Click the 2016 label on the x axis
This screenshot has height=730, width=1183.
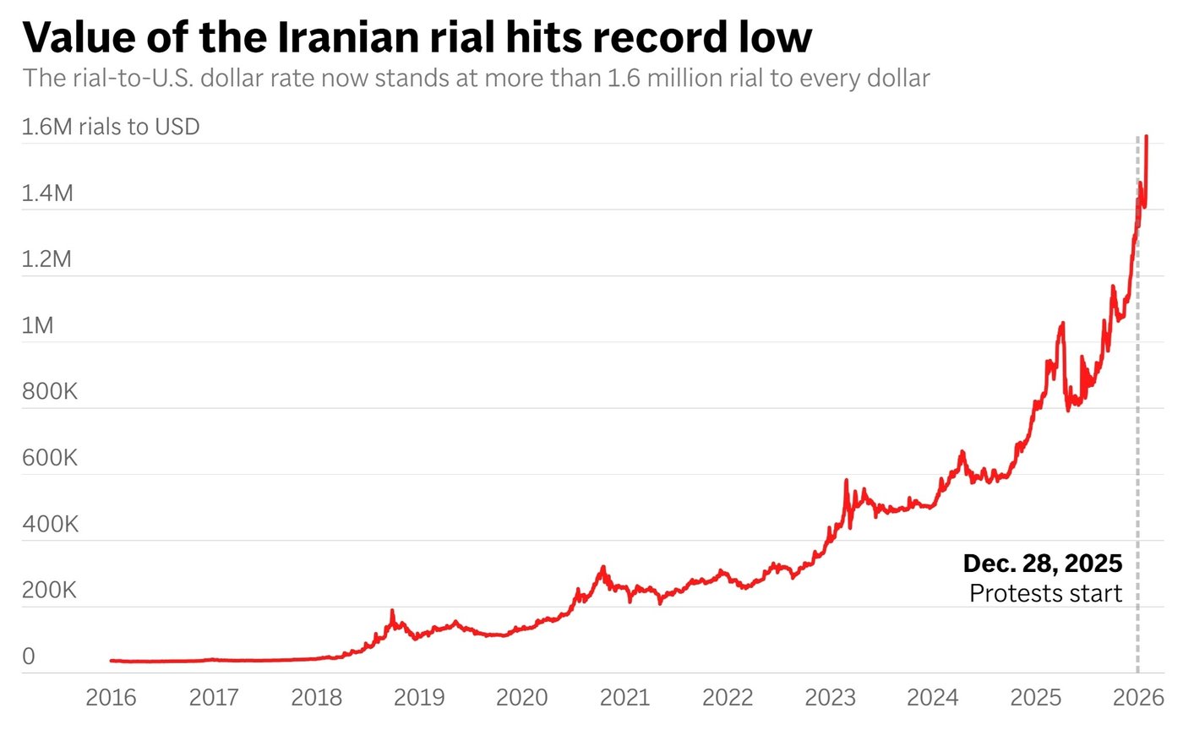[111, 697]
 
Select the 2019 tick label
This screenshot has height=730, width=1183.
[419, 697]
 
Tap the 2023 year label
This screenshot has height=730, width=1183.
[830, 697]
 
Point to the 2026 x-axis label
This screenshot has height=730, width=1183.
[1139, 697]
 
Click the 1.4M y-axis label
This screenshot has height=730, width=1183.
[47, 193]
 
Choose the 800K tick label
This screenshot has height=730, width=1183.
[50, 391]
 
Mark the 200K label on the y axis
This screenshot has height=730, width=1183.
[50, 590]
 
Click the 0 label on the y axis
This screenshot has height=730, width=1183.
[29, 656]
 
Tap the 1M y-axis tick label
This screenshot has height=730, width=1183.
[37, 325]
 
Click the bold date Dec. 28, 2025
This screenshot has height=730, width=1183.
[1043, 563]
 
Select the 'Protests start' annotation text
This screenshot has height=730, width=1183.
[1046, 593]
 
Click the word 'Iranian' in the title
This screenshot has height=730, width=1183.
[348, 37]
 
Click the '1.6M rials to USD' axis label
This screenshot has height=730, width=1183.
[111, 127]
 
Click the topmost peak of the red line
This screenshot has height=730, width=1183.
[1146, 136]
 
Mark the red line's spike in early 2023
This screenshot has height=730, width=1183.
[846, 480]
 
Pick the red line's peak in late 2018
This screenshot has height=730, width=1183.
[392, 611]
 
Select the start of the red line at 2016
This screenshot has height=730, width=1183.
[111, 660]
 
